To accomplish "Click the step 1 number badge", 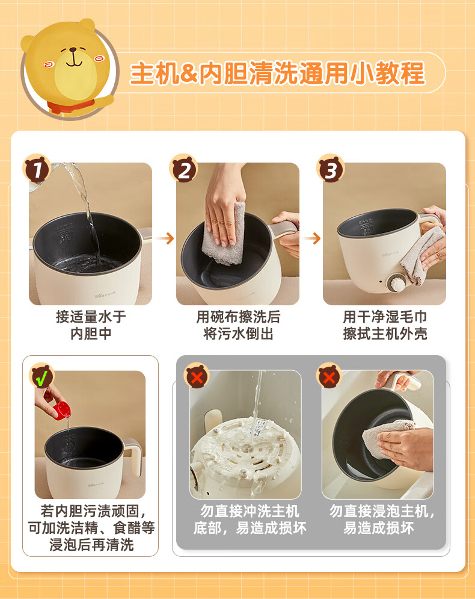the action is tap(37, 169).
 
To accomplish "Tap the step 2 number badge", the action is tap(183, 169).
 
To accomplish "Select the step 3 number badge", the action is tap(331, 169).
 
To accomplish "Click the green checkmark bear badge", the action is tap(41, 376).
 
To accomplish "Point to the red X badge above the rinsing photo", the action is tap(197, 376).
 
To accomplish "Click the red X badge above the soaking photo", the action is tap(329, 376).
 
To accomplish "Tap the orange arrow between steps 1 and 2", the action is tap(165, 238).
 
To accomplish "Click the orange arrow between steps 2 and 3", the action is tap(312, 238).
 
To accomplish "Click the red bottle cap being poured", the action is tap(61, 410).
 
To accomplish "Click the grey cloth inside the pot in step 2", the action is tap(224, 233).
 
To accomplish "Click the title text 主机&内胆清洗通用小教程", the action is tap(277, 73).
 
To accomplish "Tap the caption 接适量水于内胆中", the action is tap(91, 325).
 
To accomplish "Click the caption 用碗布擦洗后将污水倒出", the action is tap(238, 325).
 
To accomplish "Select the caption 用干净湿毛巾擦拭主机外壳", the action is tap(385, 325).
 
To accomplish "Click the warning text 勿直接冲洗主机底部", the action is tap(250, 520).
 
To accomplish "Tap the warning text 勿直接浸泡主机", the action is tap(382, 511).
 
